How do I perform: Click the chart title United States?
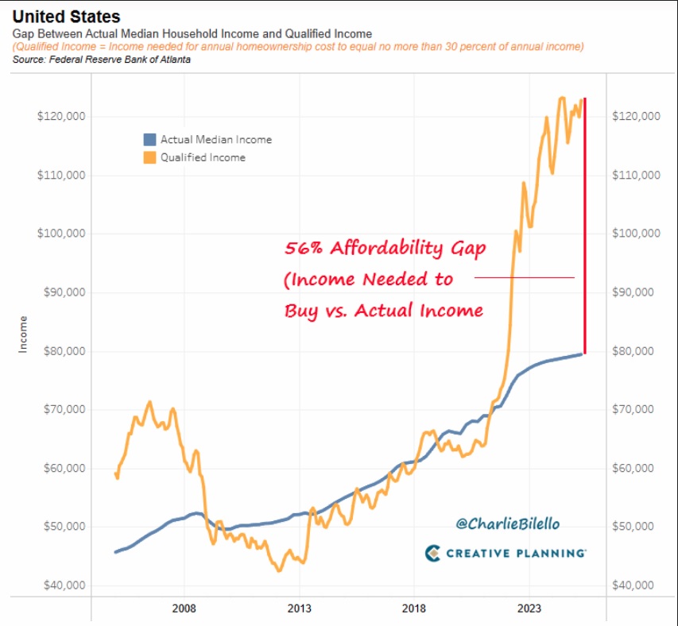(x=65, y=15)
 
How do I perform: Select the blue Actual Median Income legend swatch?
(x=149, y=139)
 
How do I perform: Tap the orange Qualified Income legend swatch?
(x=149, y=157)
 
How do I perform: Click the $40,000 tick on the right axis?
(x=634, y=585)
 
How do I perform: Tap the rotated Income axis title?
(x=23, y=334)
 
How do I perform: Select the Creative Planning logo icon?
(x=433, y=552)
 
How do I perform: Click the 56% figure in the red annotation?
(x=303, y=248)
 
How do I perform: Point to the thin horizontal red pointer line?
(x=525, y=278)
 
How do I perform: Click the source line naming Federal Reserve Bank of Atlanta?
(x=101, y=60)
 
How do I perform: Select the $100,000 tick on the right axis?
(x=637, y=234)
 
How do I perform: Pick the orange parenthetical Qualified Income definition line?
(x=298, y=47)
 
